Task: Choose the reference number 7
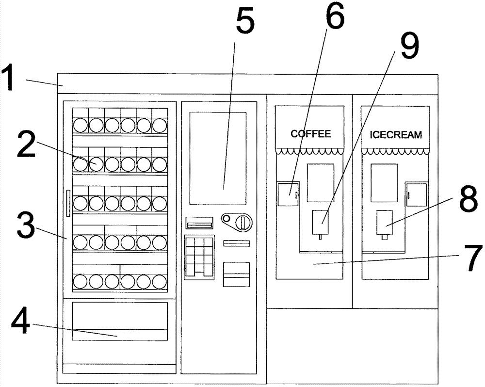tap(469, 258)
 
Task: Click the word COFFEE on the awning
tap(310, 133)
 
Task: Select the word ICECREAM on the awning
tap(395, 134)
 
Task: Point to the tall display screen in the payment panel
tap(218, 158)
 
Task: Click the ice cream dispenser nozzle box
tap(386, 221)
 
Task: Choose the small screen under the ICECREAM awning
tap(384, 182)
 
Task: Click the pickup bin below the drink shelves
tap(119, 321)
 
